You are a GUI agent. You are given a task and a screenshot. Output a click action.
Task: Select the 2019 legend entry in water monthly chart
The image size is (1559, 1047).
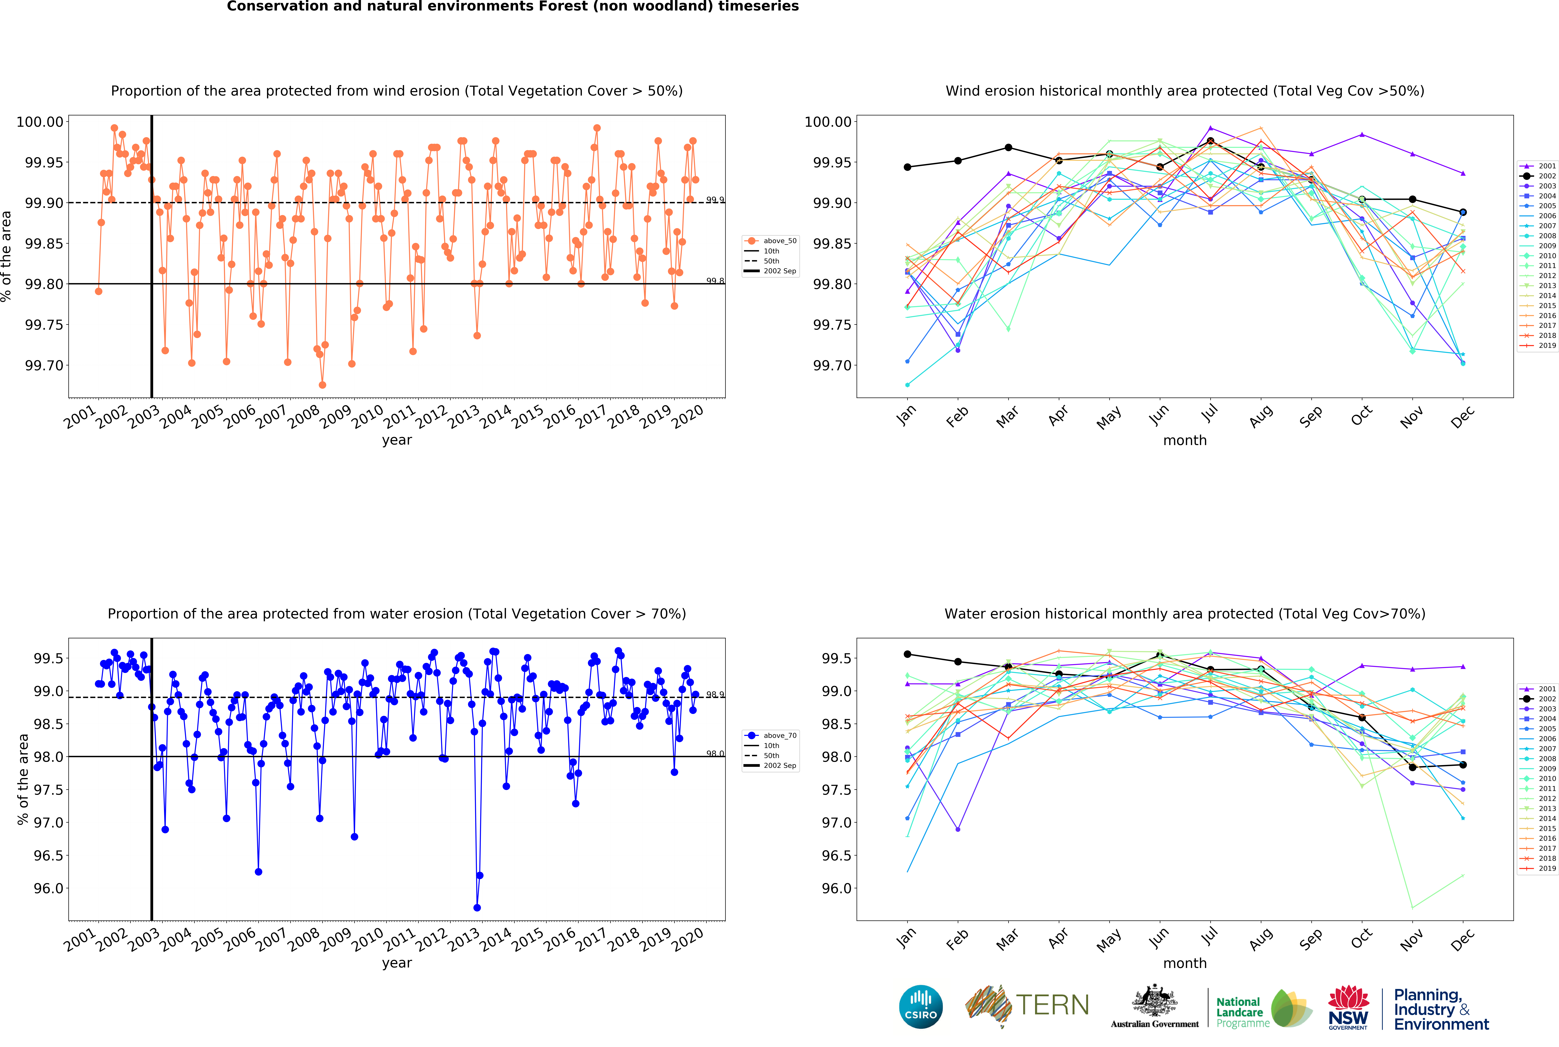tap(1538, 869)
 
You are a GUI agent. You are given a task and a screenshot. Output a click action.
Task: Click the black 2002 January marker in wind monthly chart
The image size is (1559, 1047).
tap(907, 167)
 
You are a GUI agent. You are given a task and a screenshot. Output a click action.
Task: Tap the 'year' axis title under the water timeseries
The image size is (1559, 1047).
tap(397, 963)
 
